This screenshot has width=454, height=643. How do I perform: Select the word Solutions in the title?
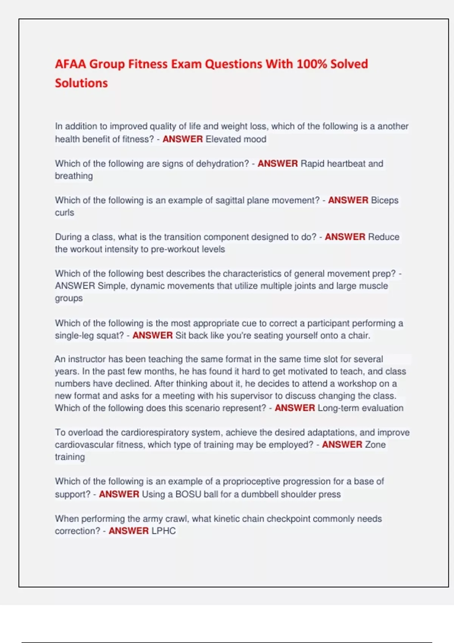coord(81,83)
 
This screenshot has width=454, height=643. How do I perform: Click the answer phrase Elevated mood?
coord(236,139)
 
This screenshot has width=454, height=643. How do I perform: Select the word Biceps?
coord(384,200)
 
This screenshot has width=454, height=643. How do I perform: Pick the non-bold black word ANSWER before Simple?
coord(75,286)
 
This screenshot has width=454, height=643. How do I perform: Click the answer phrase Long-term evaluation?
coord(360,408)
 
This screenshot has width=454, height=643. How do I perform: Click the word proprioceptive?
coord(251,481)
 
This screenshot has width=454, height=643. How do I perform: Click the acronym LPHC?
coord(163,531)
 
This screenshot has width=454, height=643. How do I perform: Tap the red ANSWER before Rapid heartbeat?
coord(277,164)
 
